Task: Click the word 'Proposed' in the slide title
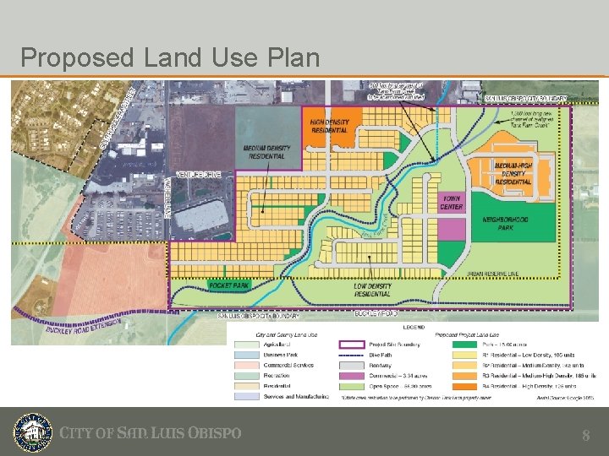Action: coord(77,58)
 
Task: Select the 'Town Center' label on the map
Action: coord(452,203)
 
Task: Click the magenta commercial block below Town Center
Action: coord(453,229)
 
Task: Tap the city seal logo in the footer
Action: coord(32,432)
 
